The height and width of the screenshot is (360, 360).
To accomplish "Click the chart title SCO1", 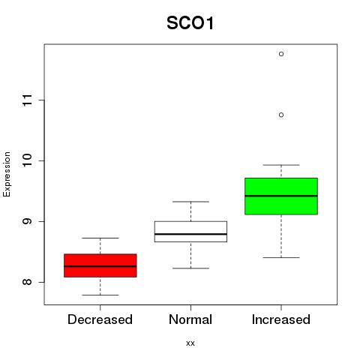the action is click(190, 23).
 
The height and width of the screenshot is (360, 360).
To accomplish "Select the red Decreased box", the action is click(100, 265).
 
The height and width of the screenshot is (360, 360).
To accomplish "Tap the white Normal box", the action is click(190, 232).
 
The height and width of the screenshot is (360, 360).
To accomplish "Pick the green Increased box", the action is click(281, 196).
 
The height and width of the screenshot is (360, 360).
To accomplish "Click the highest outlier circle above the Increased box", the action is click(281, 54).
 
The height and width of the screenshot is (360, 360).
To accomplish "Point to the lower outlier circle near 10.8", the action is click(281, 115).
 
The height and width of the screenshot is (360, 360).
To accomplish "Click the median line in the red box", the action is click(100, 266).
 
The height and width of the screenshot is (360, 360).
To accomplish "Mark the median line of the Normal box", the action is click(190, 234).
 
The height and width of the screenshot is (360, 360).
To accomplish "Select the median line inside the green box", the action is click(281, 196).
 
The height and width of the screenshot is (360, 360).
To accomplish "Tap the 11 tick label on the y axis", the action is click(28, 100).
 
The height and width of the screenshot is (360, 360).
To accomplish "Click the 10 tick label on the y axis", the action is click(28, 160).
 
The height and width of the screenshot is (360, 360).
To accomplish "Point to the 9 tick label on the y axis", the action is click(28, 221).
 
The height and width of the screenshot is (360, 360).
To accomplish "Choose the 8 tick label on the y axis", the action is click(28, 282).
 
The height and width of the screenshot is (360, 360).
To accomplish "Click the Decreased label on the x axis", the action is click(100, 319).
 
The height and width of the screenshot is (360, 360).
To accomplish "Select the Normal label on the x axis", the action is click(190, 319).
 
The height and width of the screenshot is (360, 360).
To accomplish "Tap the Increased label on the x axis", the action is click(281, 319).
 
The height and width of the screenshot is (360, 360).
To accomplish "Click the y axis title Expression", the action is click(7, 175).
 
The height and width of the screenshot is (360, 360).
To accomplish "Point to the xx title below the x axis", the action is click(190, 343).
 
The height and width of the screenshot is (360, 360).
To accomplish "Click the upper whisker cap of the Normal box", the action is click(190, 202).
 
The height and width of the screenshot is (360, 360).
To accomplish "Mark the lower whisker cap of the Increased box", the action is click(281, 257).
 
